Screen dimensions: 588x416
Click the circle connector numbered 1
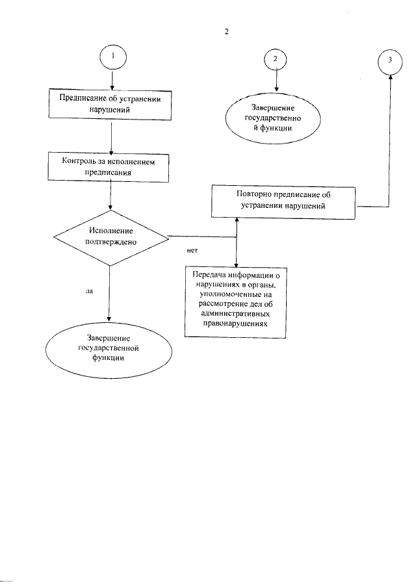click(113, 57)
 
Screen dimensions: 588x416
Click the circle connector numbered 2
click(276, 58)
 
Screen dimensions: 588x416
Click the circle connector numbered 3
click(389, 60)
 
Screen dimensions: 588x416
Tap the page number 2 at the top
click(226, 31)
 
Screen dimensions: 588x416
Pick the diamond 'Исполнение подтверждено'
click(110, 236)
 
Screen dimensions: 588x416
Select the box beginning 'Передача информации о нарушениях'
click(235, 303)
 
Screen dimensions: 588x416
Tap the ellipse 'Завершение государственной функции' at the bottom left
click(109, 348)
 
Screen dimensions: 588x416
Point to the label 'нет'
click(191, 249)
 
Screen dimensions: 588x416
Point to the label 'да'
click(90, 292)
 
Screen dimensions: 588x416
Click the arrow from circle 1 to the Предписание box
click(113, 79)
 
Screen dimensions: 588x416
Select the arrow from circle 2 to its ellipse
click(276, 81)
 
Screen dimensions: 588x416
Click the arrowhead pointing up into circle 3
click(390, 76)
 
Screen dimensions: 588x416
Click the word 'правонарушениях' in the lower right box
click(235, 322)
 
